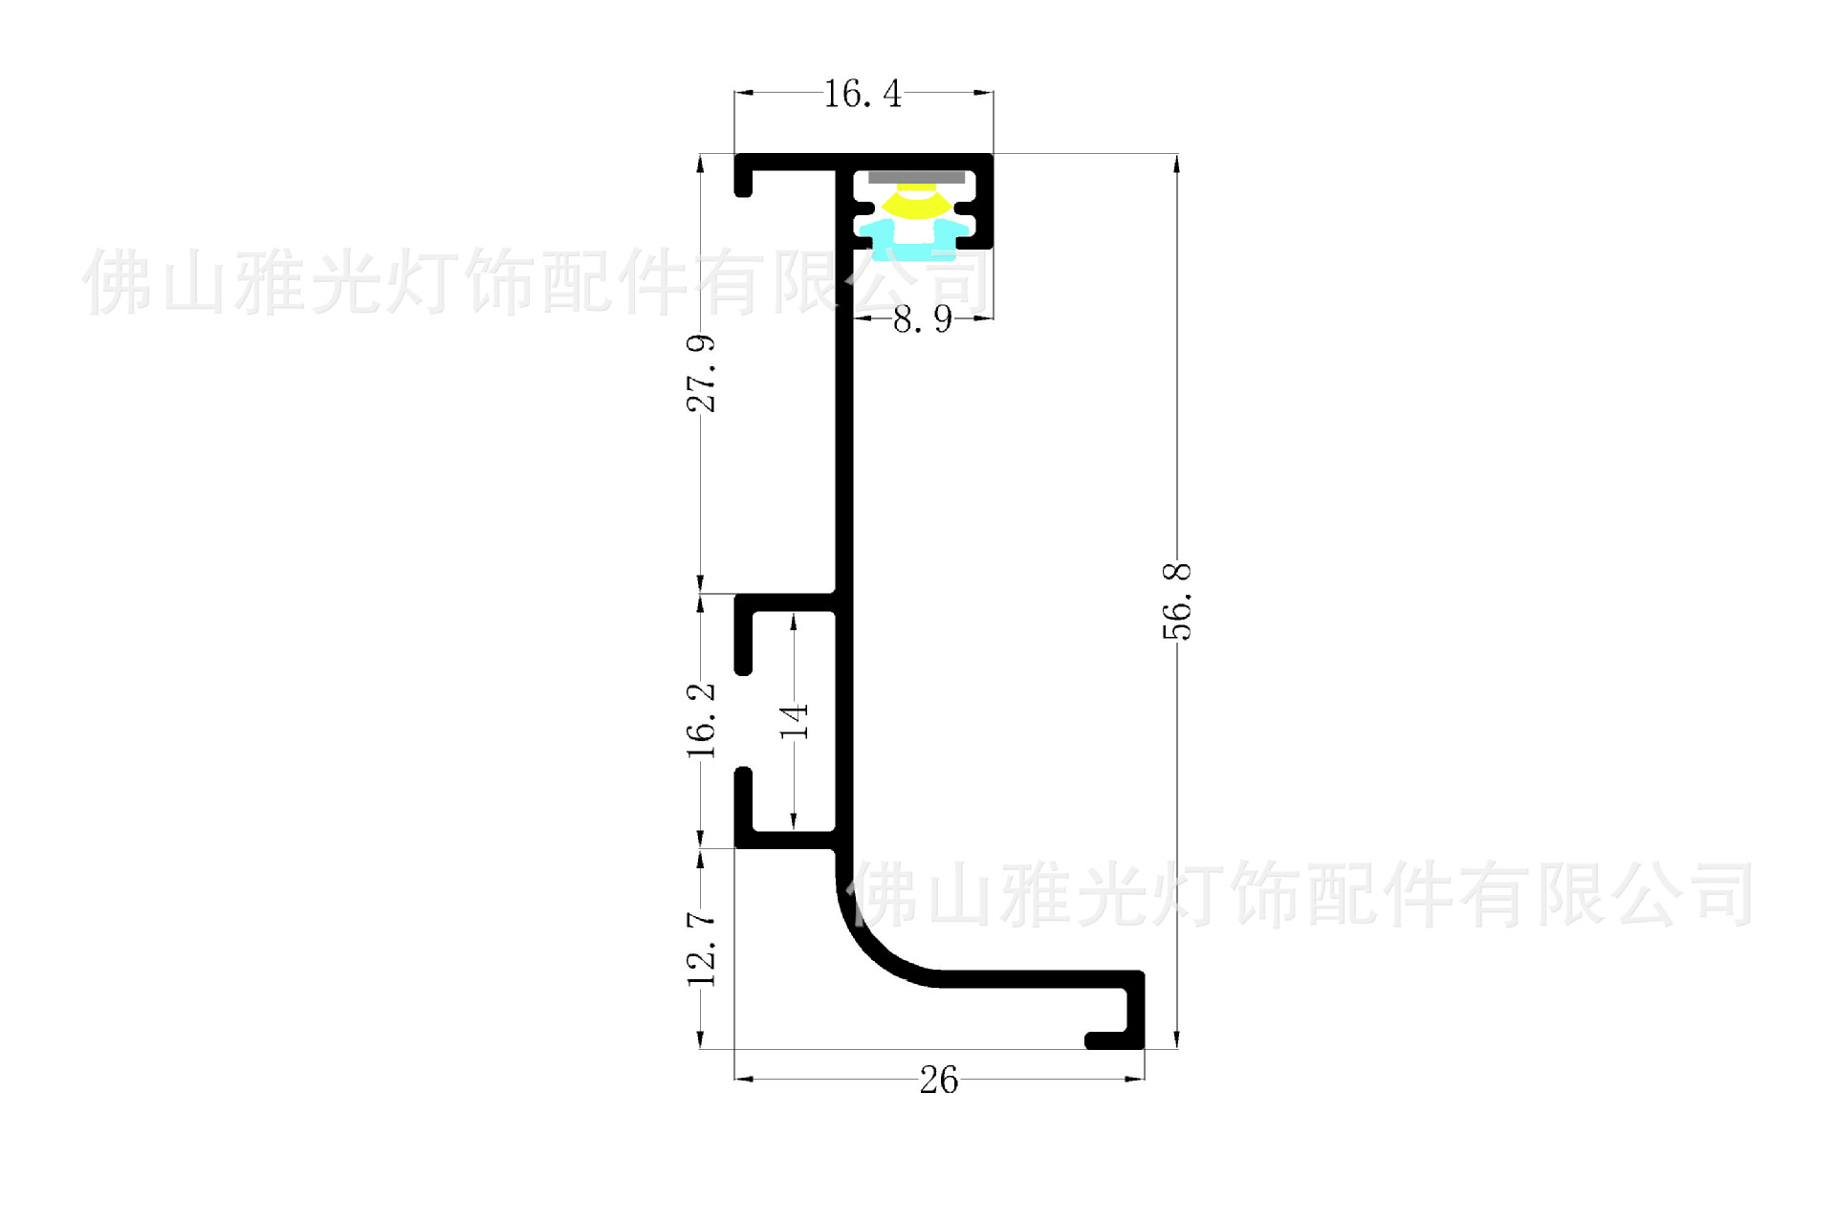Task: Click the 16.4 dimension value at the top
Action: (x=862, y=94)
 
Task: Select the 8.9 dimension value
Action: (x=923, y=318)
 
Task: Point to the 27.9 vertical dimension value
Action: (x=701, y=373)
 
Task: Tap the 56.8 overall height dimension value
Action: (x=1177, y=601)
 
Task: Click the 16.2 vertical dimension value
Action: (x=701, y=720)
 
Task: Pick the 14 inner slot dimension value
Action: (x=794, y=721)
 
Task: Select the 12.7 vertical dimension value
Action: (x=701, y=948)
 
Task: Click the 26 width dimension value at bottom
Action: (x=938, y=1080)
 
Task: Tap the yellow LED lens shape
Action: (x=915, y=204)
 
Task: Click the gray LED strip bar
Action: (x=916, y=177)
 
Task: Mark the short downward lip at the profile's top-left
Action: (x=743, y=182)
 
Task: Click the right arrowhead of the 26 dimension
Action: (x=1136, y=1079)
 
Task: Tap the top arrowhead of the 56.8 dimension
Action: (x=1177, y=164)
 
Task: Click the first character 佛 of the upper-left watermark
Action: (x=117, y=282)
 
